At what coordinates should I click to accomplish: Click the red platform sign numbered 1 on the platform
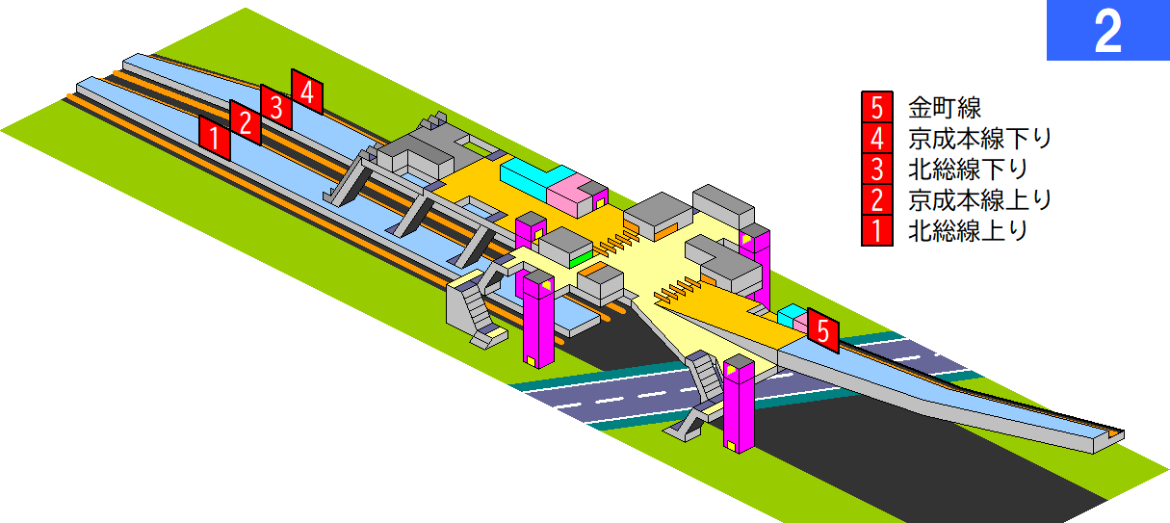pyautogui.click(x=214, y=138)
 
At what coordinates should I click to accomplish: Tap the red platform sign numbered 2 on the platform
pyautogui.click(x=245, y=122)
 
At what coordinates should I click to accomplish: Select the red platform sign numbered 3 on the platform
pyautogui.click(x=275, y=107)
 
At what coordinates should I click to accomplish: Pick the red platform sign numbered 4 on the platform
pyautogui.click(x=307, y=92)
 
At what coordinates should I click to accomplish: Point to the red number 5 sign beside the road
pyautogui.click(x=823, y=330)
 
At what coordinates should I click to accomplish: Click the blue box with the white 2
pyautogui.click(x=1107, y=30)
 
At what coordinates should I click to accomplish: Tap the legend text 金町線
pyautogui.click(x=945, y=108)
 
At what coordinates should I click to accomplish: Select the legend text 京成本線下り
pyautogui.click(x=979, y=139)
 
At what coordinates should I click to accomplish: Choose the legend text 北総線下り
pyautogui.click(x=968, y=169)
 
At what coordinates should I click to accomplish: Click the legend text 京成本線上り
pyautogui.click(x=979, y=199)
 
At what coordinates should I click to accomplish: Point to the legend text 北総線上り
pyautogui.click(x=968, y=230)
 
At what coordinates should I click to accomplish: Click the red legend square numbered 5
pyautogui.click(x=877, y=107)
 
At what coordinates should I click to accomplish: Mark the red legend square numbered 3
pyautogui.click(x=877, y=169)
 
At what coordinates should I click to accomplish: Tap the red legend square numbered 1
pyautogui.click(x=877, y=230)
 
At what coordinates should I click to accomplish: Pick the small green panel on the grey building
pyautogui.click(x=581, y=259)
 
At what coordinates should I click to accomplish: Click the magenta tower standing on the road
pyautogui.click(x=740, y=405)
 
